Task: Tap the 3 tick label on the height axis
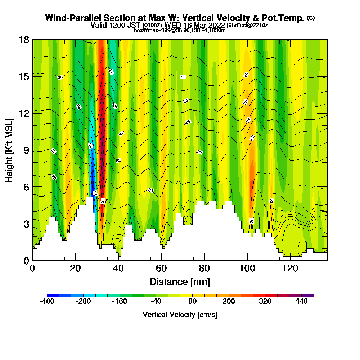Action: pos(26,224)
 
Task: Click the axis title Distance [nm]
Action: pos(180,282)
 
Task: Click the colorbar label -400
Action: pos(47,302)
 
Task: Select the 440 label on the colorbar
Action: pos(302,302)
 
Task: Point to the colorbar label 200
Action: pos(229,302)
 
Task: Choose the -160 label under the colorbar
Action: pos(120,302)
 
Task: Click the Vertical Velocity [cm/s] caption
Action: pos(180,315)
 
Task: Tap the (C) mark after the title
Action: pos(311,18)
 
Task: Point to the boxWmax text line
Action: pos(180,30)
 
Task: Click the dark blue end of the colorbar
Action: pos(50,295)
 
